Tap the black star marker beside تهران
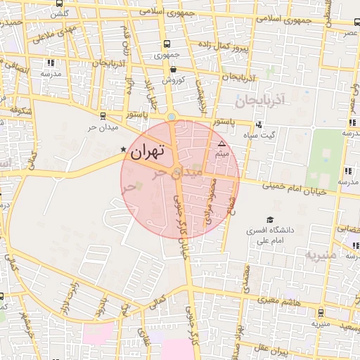point(124,150)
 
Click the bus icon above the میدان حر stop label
point(103,117)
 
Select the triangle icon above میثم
point(221,142)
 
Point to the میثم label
point(221,152)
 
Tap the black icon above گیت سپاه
point(259,124)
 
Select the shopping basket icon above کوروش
point(173,70)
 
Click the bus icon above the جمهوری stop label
point(165,44)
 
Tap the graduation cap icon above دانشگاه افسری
point(268,219)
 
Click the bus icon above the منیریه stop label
point(321,314)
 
